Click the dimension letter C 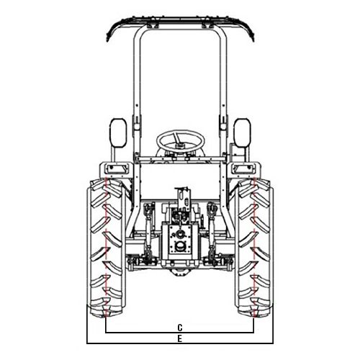(180, 327)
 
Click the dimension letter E (180, 339)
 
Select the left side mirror (118, 132)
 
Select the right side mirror (243, 132)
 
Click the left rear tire (106, 247)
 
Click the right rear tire (254, 247)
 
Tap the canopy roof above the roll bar (180, 19)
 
